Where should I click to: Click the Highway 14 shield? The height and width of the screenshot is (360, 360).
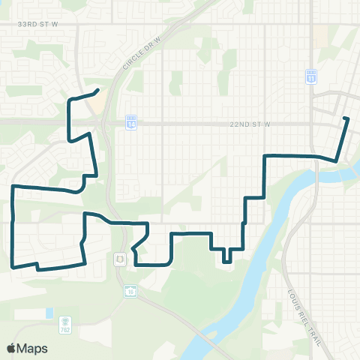131,120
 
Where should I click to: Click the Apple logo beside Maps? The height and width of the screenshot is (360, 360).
11,348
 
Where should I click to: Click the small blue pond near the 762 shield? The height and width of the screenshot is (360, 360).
49,312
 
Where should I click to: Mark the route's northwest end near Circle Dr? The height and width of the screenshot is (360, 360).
97,91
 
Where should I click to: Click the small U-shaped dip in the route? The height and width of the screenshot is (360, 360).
226,256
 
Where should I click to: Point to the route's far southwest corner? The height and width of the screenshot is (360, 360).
13,265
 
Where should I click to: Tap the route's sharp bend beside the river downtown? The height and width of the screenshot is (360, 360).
336,159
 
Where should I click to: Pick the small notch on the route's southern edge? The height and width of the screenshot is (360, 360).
37,265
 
